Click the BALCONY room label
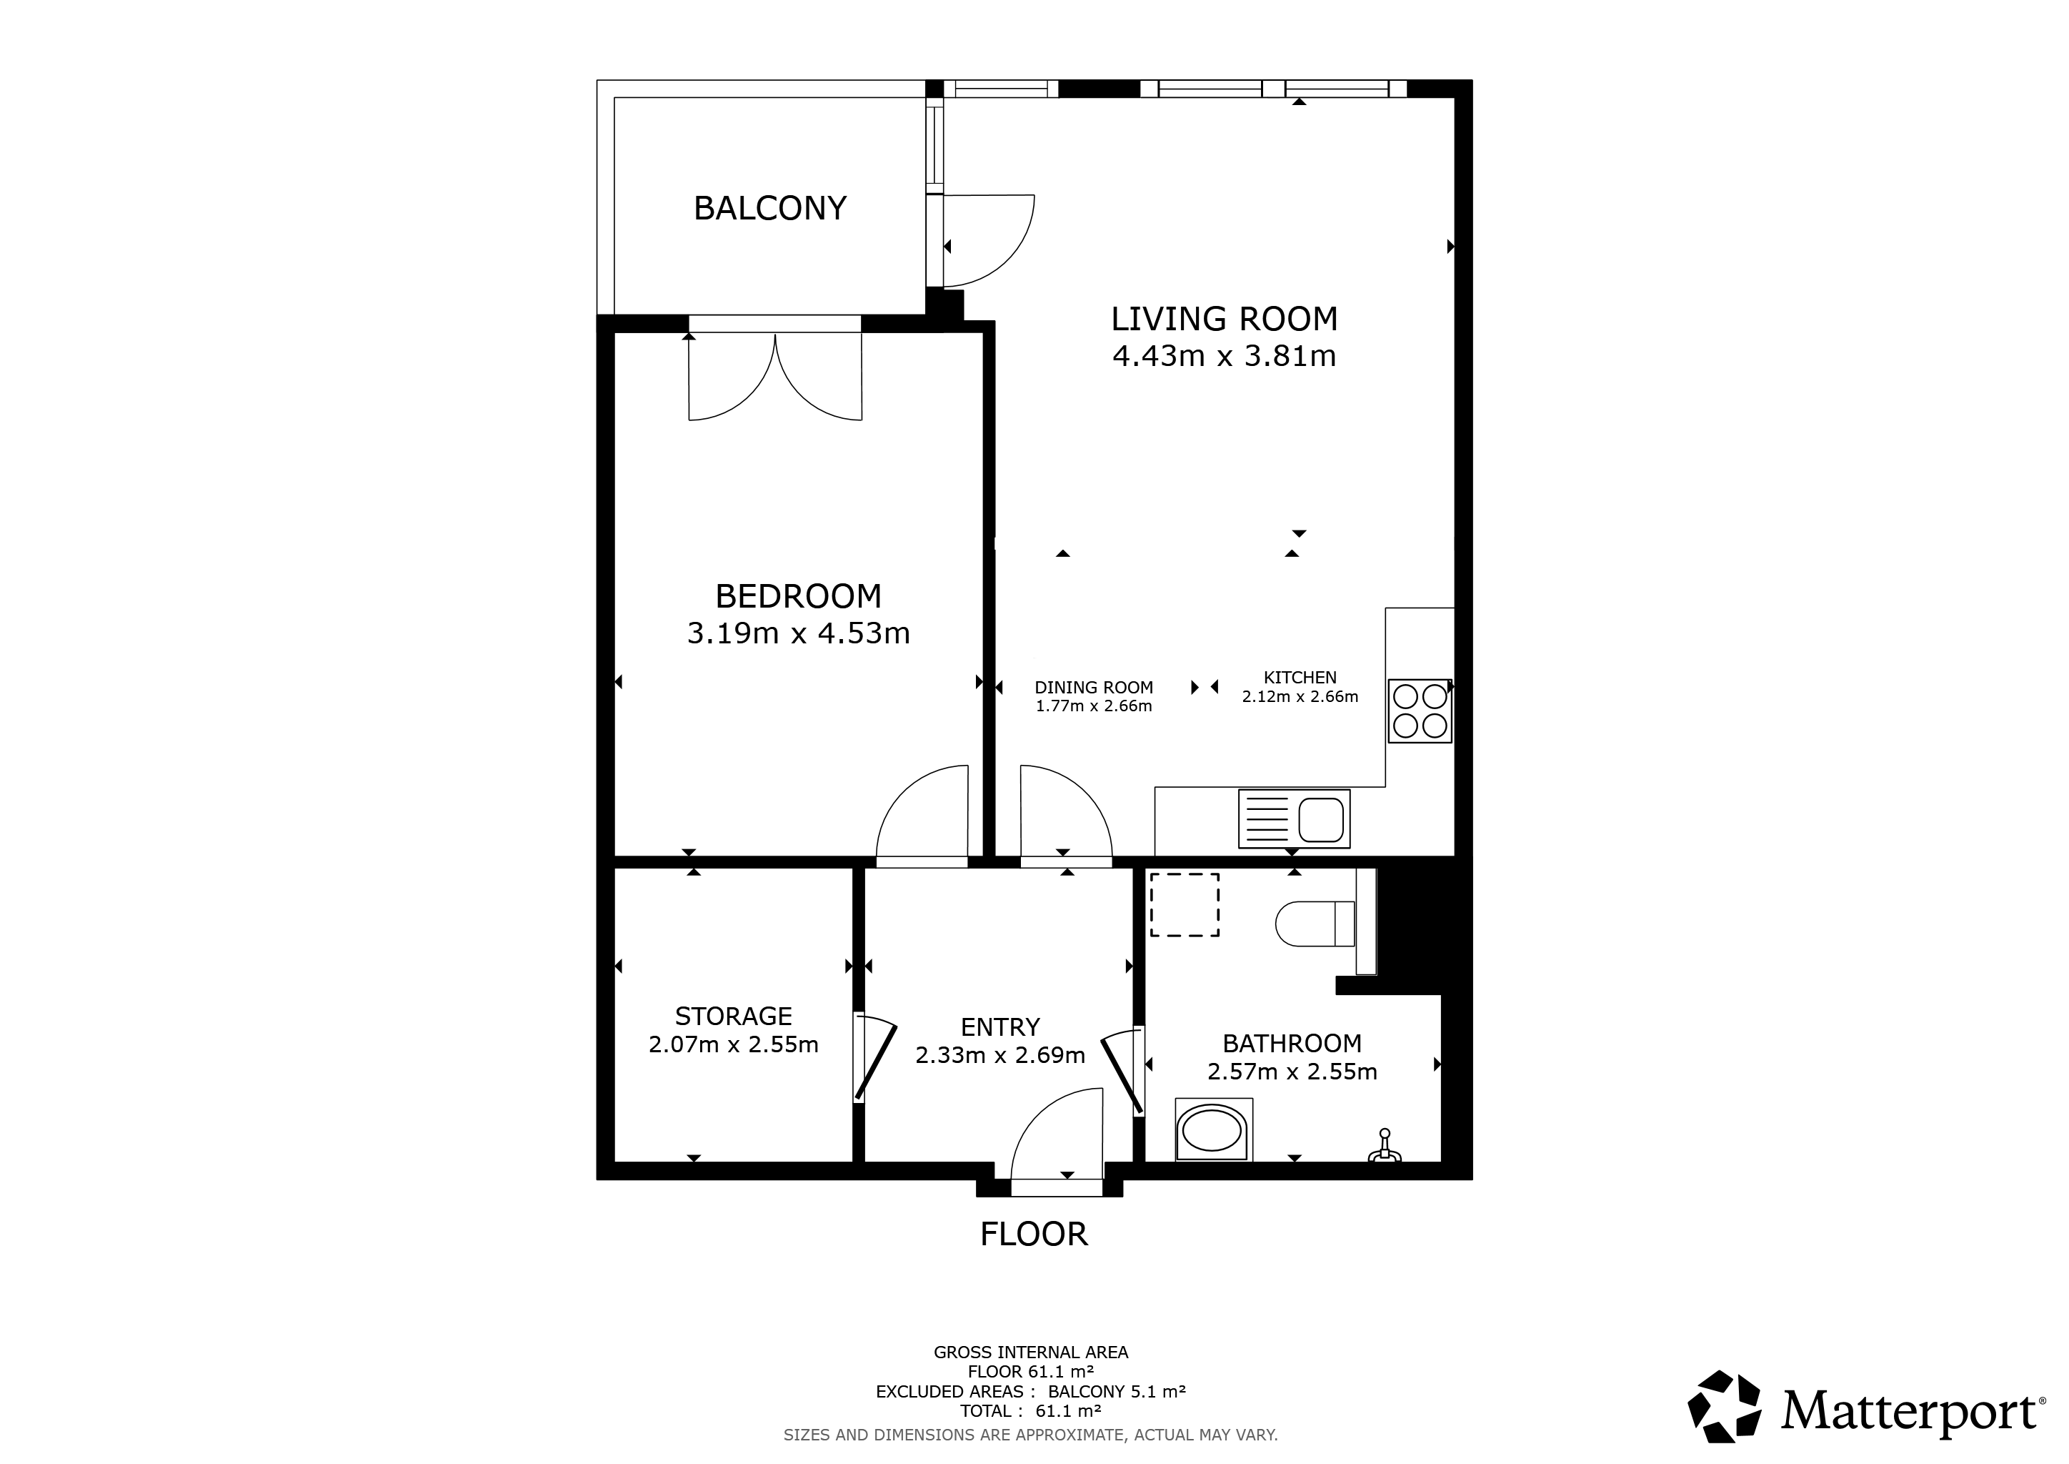(x=769, y=208)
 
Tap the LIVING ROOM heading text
(x=1224, y=319)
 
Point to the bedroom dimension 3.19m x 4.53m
(x=799, y=634)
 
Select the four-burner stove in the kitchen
(x=1420, y=711)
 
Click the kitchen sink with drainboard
(x=1294, y=818)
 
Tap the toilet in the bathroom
(x=1316, y=924)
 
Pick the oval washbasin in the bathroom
(x=1213, y=1130)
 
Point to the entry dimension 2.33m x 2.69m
(x=1000, y=1054)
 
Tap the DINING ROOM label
(x=1094, y=687)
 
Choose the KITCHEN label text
(x=1300, y=677)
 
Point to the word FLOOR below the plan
(x=1034, y=1234)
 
